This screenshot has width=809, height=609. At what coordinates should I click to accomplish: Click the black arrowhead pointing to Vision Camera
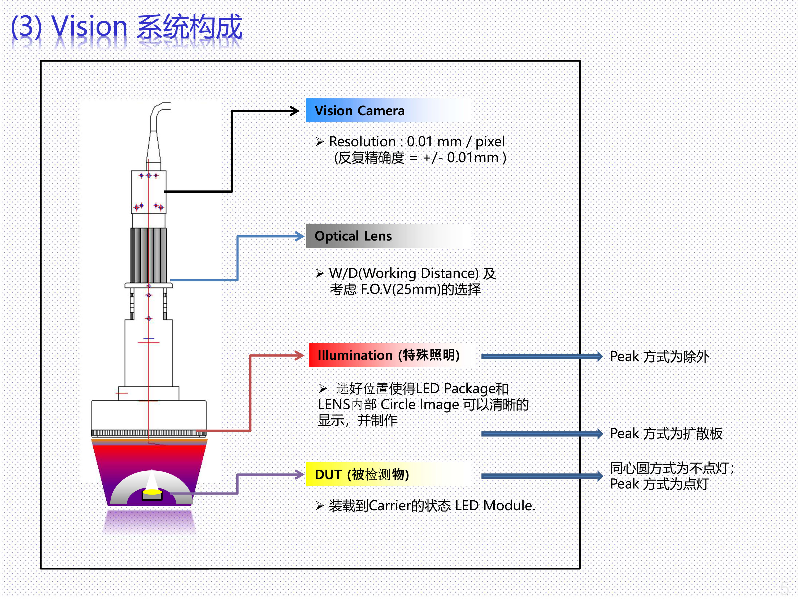pyautogui.click(x=294, y=111)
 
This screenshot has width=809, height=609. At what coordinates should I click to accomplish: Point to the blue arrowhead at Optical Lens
pyautogui.click(x=299, y=237)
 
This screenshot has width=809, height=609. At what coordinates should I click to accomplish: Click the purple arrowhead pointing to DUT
pyautogui.click(x=299, y=475)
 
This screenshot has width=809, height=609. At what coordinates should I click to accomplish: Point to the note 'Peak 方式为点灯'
pyautogui.click(x=659, y=484)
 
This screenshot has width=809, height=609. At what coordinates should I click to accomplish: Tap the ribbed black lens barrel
pyautogui.click(x=149, y=255)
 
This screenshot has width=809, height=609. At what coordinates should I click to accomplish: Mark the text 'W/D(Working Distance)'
pyautogui.click(x=404, y=273)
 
